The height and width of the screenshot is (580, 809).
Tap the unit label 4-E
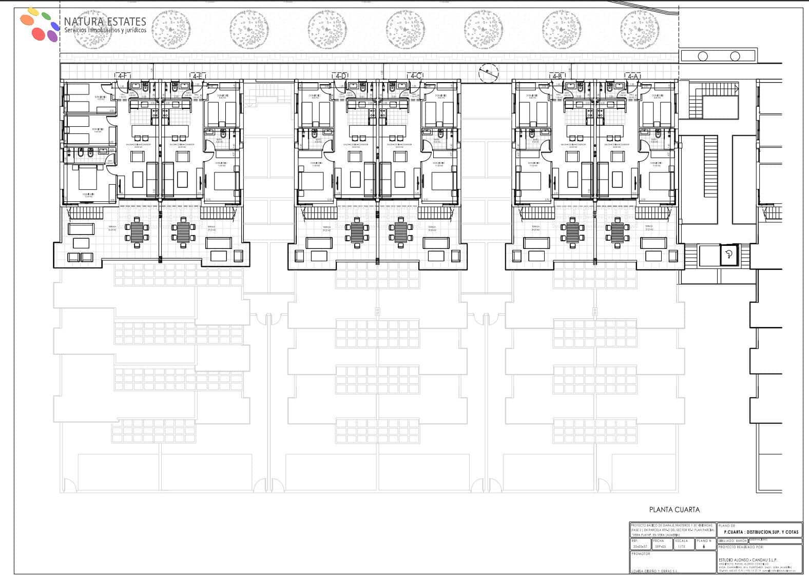coord(198,76)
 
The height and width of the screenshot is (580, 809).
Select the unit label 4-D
coord(341,76)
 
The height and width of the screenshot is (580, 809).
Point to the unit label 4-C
coord(416,76)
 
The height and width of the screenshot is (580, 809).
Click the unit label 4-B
coord(557,76)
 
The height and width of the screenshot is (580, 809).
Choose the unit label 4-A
coord(632,76)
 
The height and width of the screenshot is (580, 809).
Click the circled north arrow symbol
coord(488,73)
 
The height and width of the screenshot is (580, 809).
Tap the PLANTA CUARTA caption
coord(674,510)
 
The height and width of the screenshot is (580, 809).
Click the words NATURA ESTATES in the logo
coord(105,22)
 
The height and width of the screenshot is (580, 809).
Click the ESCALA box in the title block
coord(682,544)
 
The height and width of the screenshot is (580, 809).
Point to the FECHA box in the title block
coord(659,544)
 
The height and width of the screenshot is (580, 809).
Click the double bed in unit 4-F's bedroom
coord(88,181)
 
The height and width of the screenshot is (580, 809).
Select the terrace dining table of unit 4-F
coord(138,231)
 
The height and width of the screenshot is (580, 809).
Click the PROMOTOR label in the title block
coord(642,554)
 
